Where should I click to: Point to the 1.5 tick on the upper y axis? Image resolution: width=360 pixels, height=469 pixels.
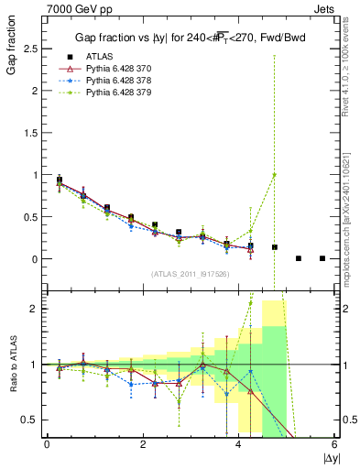pos(30,132)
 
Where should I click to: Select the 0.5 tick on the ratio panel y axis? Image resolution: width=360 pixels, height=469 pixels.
pos(30,420)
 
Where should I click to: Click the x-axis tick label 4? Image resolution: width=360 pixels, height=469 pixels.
pos(238,444)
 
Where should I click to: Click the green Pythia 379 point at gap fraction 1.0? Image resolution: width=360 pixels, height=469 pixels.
pos(274,175)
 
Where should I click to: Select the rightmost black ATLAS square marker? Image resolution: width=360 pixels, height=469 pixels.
pos(322,258)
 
